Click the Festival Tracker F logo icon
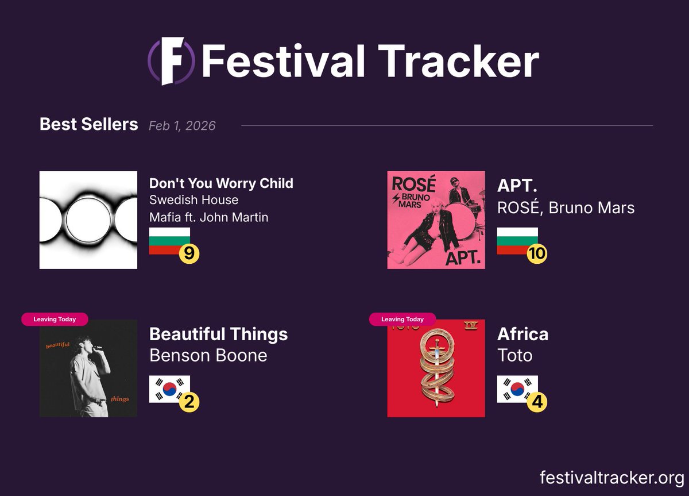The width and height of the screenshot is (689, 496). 171,61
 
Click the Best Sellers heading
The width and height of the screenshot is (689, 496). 88,124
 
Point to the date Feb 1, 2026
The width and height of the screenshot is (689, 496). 182,125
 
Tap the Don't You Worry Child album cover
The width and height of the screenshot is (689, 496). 88,220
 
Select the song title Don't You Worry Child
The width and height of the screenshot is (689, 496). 221,183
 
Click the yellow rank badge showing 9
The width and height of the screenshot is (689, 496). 189,253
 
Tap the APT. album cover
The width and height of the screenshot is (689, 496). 436,220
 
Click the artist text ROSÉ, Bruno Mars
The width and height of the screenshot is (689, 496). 566,207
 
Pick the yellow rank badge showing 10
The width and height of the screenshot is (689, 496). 537,253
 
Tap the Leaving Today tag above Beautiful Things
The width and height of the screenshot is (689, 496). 55,319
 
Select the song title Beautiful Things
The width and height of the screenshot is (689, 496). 218,334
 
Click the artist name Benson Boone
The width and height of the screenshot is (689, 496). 208,355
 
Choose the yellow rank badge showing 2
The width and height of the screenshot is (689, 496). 189,402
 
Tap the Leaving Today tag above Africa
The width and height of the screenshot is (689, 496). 402,319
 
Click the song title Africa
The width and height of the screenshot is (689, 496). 522,334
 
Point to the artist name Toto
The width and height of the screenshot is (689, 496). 514,355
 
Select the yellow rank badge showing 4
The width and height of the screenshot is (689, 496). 537,402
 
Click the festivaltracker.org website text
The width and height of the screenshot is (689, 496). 611,478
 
